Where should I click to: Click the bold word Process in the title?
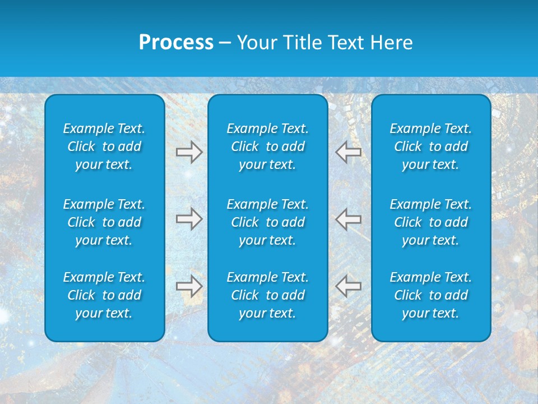[176, 43]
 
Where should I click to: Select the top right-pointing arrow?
[189, 152]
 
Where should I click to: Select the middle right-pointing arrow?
[189, 219]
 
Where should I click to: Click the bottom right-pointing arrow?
[189, 286]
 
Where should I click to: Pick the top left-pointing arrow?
[348, 152]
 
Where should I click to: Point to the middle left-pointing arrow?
[348, 219]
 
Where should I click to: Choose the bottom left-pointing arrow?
[348, 286]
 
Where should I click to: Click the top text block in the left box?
[104, 146]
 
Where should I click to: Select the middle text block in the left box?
[104, 222]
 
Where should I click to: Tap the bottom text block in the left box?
[104, 295]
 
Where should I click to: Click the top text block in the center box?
[267, 146]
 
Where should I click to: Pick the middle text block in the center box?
[267, 222]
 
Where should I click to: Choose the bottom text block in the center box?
[267, 295]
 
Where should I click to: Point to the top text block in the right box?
[430, 146]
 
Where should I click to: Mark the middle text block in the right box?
[430, 222]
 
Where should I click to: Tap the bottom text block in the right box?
[430, 295]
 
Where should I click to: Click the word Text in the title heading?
[347, 43]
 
